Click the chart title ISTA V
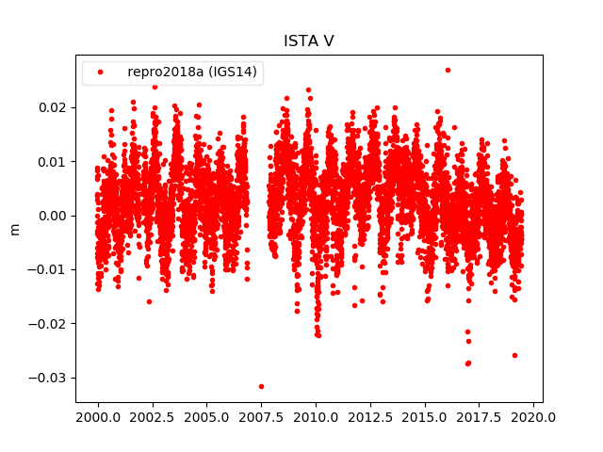tap(308, 41)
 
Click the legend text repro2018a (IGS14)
tap(192, 73)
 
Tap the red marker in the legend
tap(101, 73)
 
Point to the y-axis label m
tap(14, 229)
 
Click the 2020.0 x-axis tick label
tap(534, 417)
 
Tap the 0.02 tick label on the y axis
tap(55, 107)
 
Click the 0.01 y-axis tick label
tap(55, 161)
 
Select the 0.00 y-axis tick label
tap(55, 216)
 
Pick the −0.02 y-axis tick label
tap(51, 323)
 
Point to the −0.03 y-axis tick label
tap(51, 378)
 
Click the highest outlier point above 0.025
tap(448, 70)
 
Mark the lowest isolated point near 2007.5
tap(261, 386)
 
